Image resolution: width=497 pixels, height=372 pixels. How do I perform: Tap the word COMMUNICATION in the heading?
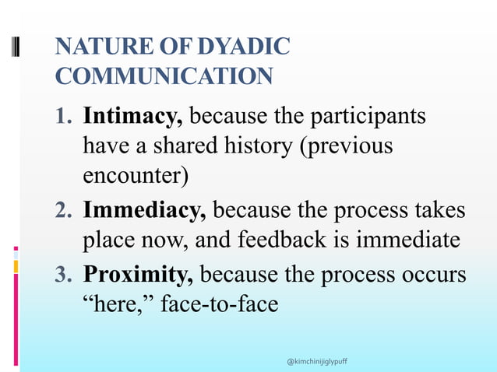[164, 76]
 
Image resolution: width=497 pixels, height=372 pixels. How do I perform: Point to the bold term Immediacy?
[144, 210]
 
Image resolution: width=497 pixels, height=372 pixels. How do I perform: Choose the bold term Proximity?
[139, 275]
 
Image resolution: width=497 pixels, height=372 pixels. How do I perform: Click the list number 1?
[64, 118]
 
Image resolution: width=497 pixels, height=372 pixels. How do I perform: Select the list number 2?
[64, 211]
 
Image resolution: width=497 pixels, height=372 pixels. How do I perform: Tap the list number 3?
[64, 275]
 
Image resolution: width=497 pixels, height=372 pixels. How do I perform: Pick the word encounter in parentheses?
[134, 176]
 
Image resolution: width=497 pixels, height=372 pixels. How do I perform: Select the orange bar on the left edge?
[16, 267]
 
